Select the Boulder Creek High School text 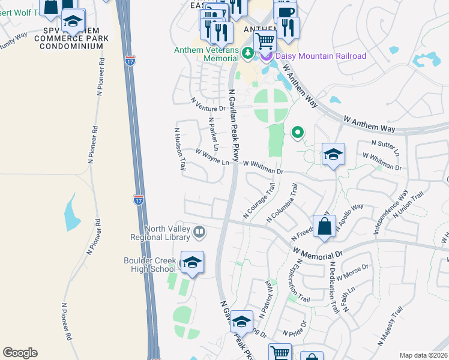(x=150, y=264)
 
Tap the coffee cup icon (x=285, y=13)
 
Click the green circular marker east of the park (x=297, y=133)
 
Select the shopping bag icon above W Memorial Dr (x=324, y=227)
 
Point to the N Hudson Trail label (x=179, y=151)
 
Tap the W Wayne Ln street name (x=213, y=158)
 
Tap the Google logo (x=20, y=353)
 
